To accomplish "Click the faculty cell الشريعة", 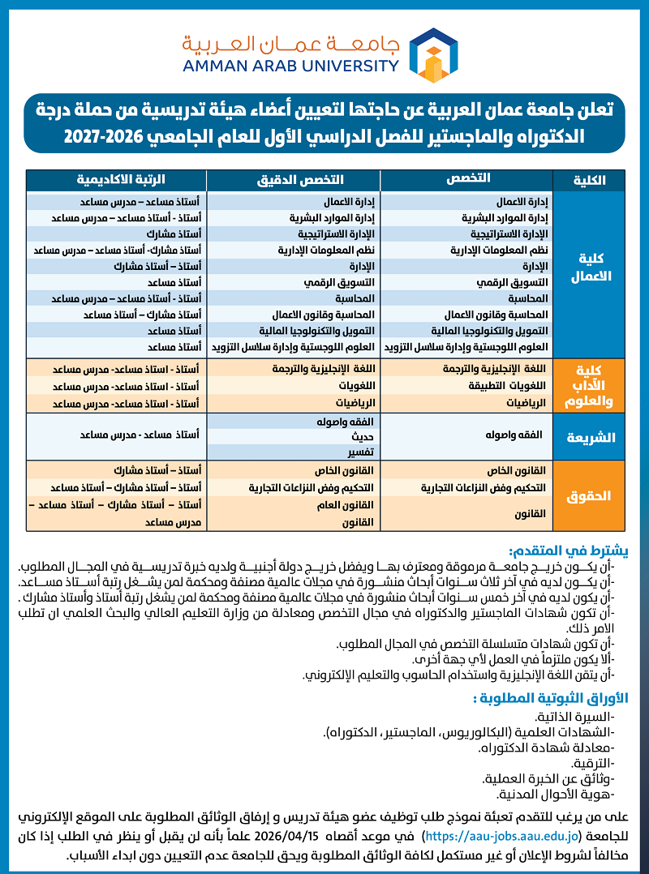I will [x=590, y=438].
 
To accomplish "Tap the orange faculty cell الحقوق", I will [x=589, y=495].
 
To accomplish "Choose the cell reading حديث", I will [x=363, y=436].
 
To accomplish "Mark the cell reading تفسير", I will [x=362, y=451].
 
